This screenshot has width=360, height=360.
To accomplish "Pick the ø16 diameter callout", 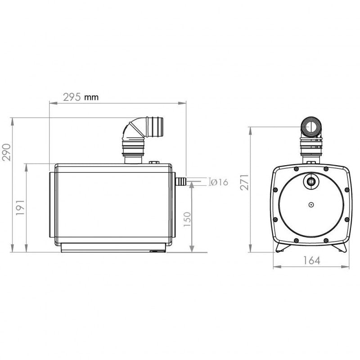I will tap(220, 182).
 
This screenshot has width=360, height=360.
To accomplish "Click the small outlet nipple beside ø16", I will tap(180, 181).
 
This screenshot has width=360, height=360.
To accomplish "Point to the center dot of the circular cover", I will tap(310, 204).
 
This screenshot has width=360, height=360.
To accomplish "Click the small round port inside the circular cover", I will tap(310, 181).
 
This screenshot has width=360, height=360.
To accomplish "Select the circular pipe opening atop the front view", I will tap(310, 127).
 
